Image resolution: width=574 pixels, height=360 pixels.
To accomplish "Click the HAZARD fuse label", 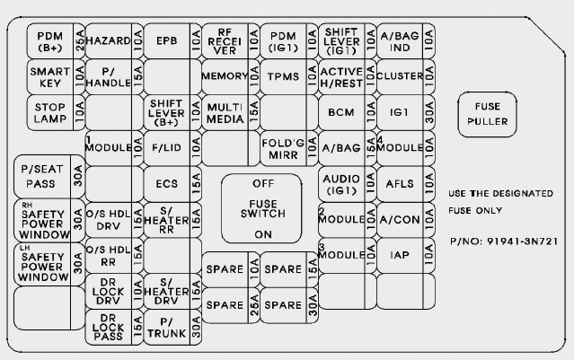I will (x=109, y=41).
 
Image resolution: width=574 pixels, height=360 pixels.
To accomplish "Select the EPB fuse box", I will (x=167, y=41).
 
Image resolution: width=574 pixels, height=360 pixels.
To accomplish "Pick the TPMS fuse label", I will (x=283, y=76).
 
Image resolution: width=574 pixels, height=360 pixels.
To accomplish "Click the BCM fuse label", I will (x=341, y=112).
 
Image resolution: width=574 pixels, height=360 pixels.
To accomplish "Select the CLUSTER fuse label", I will (x=400, y=76).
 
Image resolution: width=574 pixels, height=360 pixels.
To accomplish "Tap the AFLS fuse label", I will (x=400, y=183).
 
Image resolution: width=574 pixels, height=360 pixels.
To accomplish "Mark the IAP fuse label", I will (x=400, y=255).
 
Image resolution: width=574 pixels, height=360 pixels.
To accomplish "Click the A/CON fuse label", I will (x=400, y=219).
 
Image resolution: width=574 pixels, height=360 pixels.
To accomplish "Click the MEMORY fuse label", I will (x=224, y=76).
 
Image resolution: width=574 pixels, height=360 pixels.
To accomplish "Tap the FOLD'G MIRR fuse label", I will (x=283, y=147).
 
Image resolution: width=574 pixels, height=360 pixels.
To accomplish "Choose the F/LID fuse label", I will (x=167, y=147).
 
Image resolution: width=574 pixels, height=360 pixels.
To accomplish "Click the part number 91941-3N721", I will (x=504, y=243).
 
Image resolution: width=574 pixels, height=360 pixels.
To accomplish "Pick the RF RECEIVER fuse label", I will (x=225, y=40).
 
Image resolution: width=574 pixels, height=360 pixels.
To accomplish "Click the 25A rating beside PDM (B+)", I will (x=79, y=41).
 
